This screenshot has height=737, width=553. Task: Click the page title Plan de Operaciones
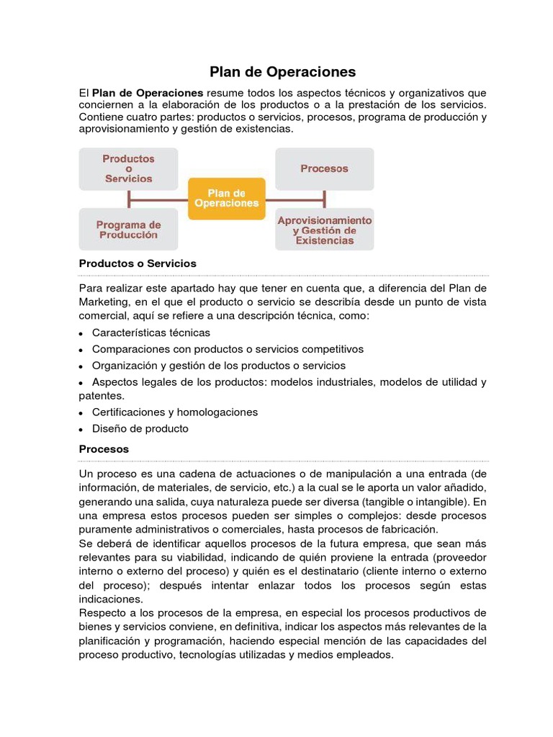(282, 72)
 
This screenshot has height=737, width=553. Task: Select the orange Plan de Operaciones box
(226, 198)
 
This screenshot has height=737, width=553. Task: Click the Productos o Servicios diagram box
(128, 168)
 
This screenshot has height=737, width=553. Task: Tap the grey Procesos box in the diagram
(324, 168)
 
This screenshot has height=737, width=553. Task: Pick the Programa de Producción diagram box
(128, 230)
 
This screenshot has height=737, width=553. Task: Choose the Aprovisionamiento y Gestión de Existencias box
(324, 230)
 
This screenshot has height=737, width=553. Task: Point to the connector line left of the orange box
(158, 199)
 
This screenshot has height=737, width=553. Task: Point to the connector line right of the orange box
(295, 199)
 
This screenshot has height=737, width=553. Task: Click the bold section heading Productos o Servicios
(137, 263)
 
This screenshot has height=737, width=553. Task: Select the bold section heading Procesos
(104, 448)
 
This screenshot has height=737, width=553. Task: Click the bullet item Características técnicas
(151, 333)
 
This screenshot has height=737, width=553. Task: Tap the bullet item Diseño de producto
(140, 428)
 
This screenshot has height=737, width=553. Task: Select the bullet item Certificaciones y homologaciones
(175, 412)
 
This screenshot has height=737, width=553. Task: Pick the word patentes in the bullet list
(101, 396)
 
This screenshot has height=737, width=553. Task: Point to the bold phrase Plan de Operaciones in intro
(148, 93)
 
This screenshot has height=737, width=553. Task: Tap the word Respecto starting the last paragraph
(102, 612)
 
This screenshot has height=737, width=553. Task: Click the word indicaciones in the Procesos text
(112, 598)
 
